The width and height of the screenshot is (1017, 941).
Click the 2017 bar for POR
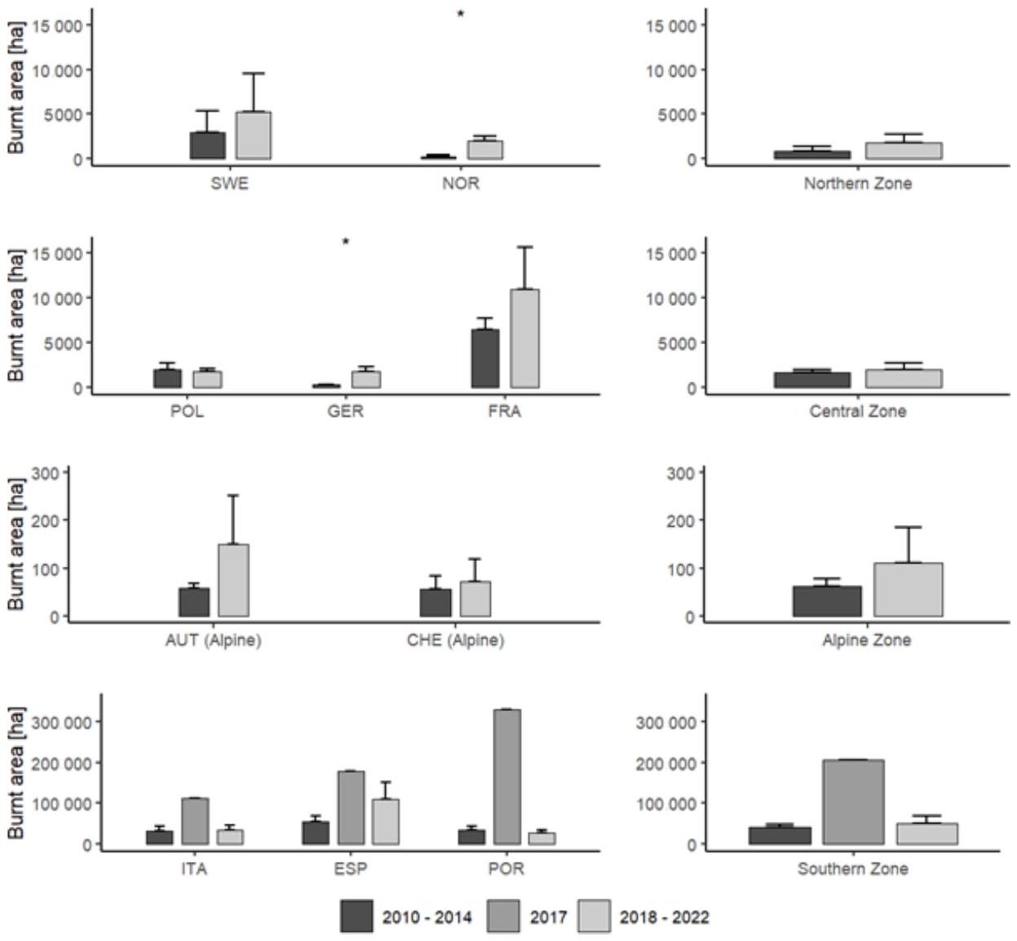coord(506,776)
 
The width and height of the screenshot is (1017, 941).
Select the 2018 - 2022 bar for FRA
coord(524,338)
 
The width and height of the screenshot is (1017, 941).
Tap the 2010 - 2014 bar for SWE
coord(208,146)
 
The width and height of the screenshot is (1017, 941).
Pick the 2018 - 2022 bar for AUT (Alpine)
coord(233,580)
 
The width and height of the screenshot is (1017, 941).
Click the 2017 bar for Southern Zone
coord(853,802)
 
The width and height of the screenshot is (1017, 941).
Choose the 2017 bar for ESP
coord(351,807)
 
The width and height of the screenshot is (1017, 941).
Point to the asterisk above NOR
coord(461,14)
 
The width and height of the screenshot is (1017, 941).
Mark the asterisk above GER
coord(346,241)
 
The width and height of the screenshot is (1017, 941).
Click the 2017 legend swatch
coord(503,917)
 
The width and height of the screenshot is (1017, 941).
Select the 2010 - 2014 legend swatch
coord(356,917)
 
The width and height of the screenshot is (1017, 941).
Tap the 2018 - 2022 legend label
coord(664,917)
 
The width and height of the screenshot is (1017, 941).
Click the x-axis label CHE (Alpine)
coord(455,640)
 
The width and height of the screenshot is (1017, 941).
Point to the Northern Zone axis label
coord(857,183)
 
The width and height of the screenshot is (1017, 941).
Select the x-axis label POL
coord(187,411)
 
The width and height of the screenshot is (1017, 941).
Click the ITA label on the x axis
coord(194,868)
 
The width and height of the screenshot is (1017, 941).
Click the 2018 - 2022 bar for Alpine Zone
coord(908,590)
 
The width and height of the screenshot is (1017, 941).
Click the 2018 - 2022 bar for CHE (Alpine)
coord(475,599)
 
